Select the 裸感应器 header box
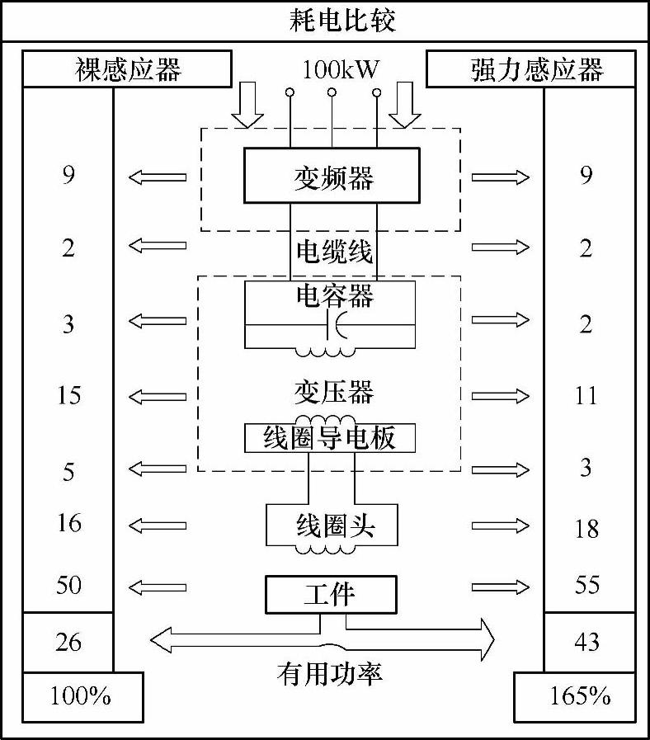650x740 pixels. click(126, 69)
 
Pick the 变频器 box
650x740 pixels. click(333, 177)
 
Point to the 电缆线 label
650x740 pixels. click(333, 250)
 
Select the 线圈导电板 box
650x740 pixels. click(329, 437)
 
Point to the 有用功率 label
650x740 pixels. click(329, 674)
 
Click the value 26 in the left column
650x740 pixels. click(68, 641)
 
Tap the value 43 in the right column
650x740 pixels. click(586, 641)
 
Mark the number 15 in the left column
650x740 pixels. click(68, 395)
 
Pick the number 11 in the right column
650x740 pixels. click(586, 395)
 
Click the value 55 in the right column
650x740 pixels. click(586, 585)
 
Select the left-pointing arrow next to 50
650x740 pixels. click(158, 587)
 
